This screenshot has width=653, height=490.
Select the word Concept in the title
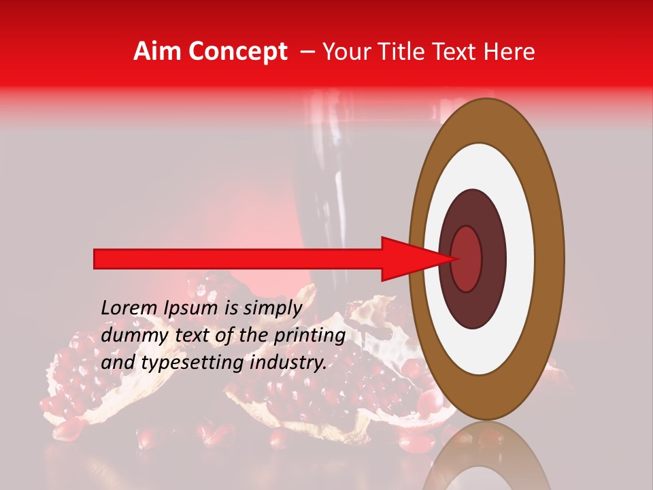(237, 52)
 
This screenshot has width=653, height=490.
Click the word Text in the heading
(455, 52)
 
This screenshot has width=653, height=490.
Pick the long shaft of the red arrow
(238, 259)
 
